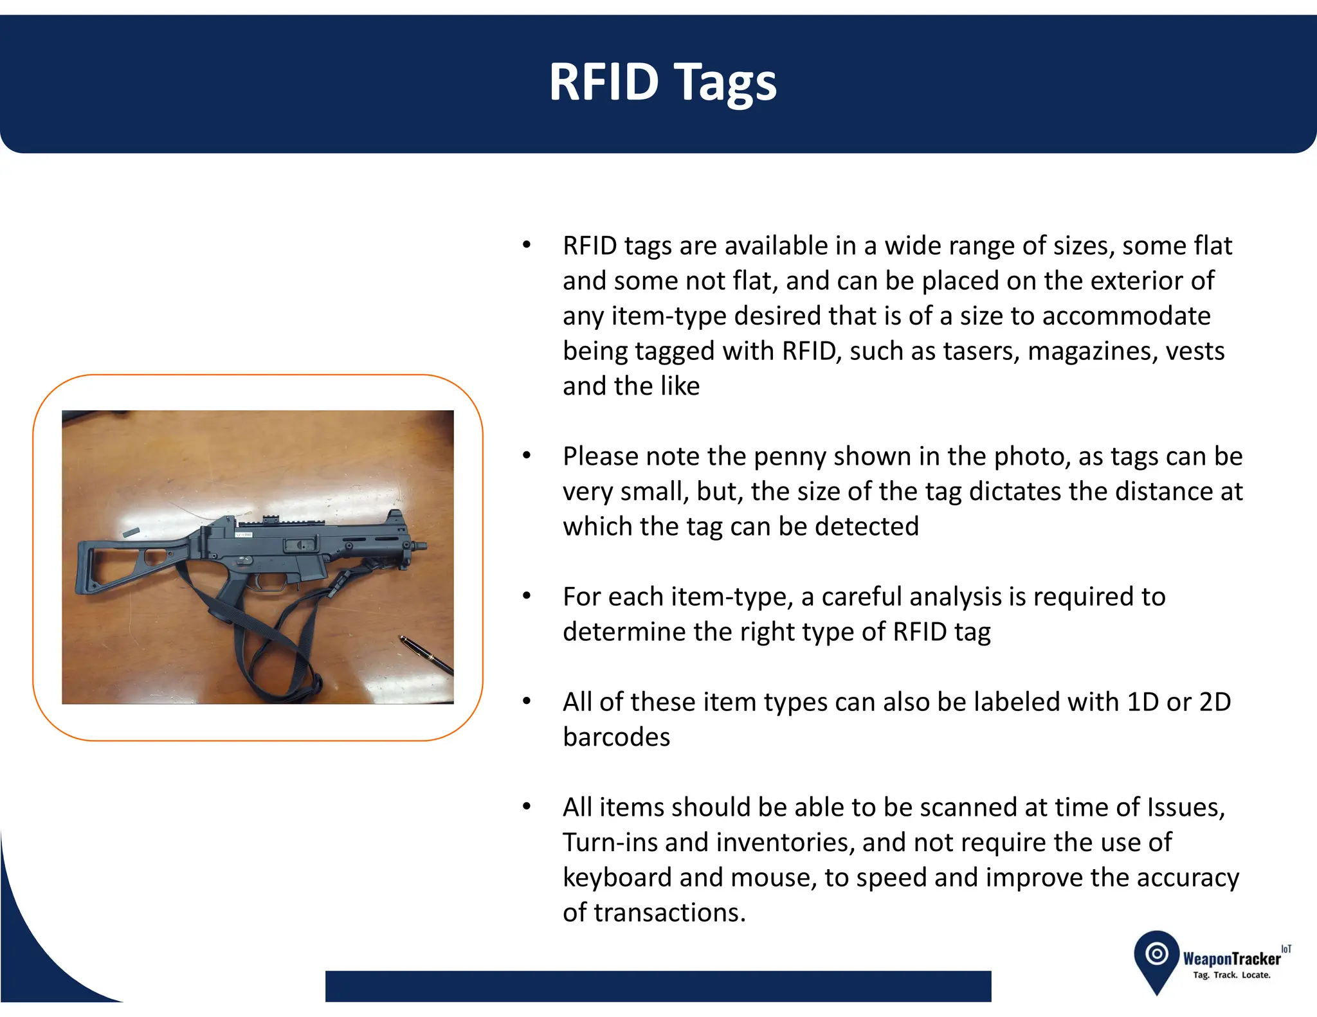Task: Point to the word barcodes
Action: point(616,737)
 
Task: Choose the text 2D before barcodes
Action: point(1215,702)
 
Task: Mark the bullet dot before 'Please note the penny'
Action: point(527,456)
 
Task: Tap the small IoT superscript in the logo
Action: point(1285,949)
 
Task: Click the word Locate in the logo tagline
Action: point(1256,975)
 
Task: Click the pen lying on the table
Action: point(426,654)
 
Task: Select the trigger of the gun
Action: point(257,584)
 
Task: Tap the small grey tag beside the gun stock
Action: point(131,532)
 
